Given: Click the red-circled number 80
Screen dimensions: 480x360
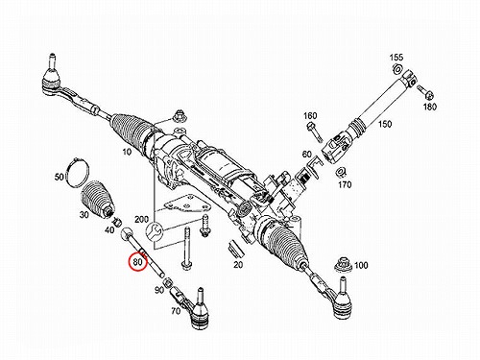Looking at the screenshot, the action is (137, 262).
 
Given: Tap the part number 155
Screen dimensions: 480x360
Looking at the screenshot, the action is (396, 58).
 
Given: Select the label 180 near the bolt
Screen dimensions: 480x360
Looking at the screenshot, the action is (429, 107).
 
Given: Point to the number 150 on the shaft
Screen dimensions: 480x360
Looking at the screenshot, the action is (385, 124).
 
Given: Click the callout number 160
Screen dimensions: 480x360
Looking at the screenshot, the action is (310, 115).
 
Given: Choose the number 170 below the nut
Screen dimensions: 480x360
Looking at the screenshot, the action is (345, 184).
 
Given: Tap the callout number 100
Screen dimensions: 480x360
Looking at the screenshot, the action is (361, 265).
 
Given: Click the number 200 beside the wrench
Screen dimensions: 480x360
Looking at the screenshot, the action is (141, 220).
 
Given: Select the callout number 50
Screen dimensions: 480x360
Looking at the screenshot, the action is (60, 177).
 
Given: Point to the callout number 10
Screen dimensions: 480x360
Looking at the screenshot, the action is (127, 152).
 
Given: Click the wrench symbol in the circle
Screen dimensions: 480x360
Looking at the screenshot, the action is (155, 231).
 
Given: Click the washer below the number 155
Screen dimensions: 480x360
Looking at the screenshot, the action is (397, 69).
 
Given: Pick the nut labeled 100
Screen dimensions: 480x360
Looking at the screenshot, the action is (344, 265).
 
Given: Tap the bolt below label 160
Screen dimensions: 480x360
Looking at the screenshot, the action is (315, 132).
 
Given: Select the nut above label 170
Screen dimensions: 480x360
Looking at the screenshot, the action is (340, 172).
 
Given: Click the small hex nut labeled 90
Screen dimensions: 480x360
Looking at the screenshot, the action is (167, 282).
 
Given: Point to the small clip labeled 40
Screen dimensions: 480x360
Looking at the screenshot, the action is (117, 221).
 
